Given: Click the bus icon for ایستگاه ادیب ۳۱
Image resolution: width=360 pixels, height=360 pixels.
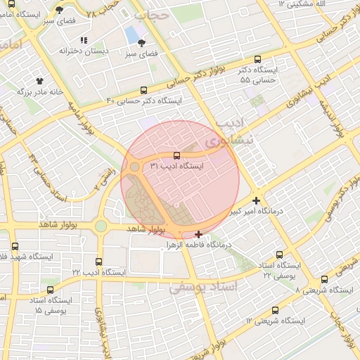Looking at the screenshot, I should tap(176, 156).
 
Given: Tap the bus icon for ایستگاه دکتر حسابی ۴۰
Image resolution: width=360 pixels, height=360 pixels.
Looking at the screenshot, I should tap(144, 90).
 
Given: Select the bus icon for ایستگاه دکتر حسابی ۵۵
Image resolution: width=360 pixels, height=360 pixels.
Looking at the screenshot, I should tap(258, 60).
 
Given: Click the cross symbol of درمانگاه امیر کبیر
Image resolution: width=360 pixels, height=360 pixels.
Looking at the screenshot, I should tap(257, 200).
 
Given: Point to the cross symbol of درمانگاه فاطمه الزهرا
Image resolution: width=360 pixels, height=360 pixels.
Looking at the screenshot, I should tap(199, 234).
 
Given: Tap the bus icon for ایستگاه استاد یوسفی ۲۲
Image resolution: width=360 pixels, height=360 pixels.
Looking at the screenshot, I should tap(280, 255).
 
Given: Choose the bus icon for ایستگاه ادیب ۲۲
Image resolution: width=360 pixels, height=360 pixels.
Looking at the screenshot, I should tap(98, 262).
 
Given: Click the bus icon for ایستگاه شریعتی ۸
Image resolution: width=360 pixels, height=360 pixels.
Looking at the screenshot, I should tap(323, 279).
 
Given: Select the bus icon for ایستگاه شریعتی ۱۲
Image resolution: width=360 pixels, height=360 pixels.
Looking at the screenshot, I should tap(274, 310).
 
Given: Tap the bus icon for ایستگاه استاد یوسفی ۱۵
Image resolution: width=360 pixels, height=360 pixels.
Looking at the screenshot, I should tap(49, 289).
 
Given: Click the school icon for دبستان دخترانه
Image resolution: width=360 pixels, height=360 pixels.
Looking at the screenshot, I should tap(84, 41).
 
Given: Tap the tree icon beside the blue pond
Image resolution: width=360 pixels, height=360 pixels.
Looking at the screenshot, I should tap(142, 44).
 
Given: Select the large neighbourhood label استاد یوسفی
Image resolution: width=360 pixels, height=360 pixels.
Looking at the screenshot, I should tap(203, 288).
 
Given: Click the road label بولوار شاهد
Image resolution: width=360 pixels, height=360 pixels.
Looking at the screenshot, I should tap(146, 229).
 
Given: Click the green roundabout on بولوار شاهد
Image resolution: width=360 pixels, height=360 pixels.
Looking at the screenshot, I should tap(101, 226).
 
